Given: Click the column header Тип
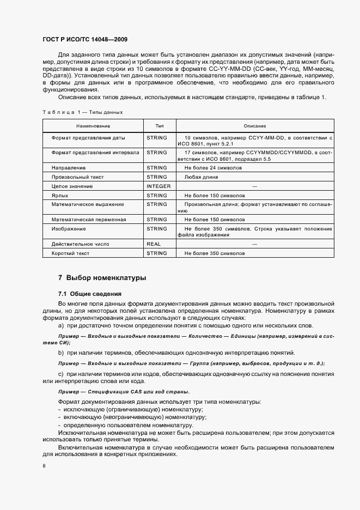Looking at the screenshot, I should tap(159, 125).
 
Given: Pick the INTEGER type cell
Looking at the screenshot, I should tap(158, 186).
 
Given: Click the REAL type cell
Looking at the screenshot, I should tap(154, 245).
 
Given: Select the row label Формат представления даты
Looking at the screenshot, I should tap(88, 138).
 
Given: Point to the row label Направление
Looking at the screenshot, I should tap(69, 168).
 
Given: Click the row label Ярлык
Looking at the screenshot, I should tap(60, 195).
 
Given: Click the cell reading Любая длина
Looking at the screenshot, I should tap(201, 177).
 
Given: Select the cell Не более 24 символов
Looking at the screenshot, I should tap(213, 168).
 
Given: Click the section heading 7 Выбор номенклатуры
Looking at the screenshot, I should tap(102, 278).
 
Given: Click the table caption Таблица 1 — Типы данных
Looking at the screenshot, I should tap(82, 112).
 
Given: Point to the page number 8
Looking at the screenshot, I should tap(44, 466).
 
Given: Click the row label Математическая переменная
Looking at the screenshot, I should tap(89, 220).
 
